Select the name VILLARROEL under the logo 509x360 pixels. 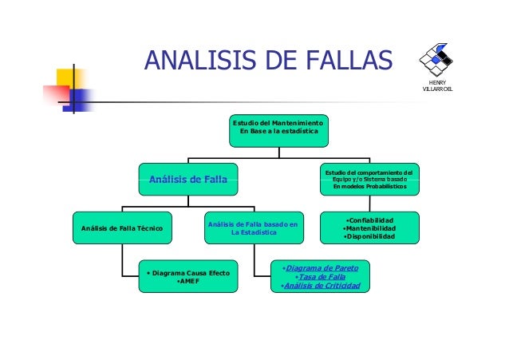(438, 88)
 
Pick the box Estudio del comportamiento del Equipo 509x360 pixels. (369, 181)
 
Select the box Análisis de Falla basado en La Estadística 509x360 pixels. (251, 229)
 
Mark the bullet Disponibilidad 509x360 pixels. (369, 237)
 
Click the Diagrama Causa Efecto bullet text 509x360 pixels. (188, 273)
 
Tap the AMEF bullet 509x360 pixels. (188, 282)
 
